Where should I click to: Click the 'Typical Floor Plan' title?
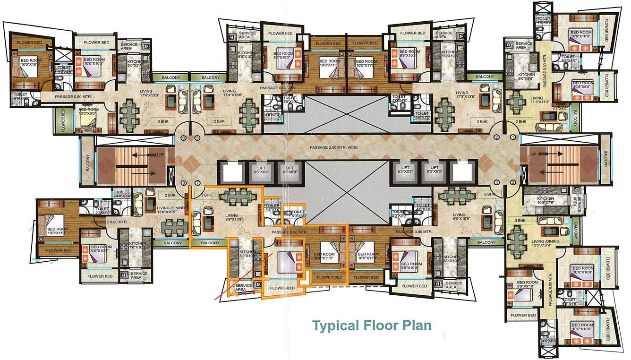[372, 325]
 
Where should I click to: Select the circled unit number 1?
[513, 137]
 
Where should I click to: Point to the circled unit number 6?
[184, 138]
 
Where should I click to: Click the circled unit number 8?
[184, 183]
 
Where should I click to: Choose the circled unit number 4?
[496, 182]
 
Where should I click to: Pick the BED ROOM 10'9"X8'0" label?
[581, 85]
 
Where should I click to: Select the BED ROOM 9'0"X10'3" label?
[102, 249]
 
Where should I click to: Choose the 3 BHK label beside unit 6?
[156, 121]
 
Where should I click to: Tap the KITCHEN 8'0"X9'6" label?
[526, 77]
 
